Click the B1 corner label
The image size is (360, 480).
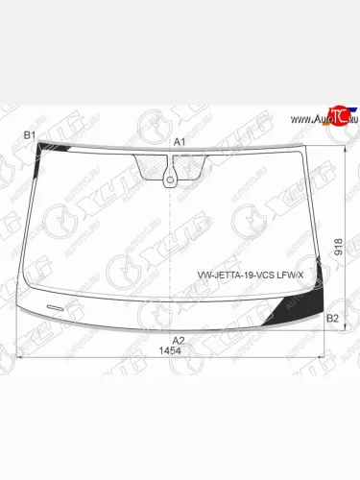point(29,135)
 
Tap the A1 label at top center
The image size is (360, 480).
point(179,141)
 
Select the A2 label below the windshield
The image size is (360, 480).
point(178,339)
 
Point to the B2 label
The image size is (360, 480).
point(332,317)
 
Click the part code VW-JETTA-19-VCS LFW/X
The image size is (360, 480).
point(251,276)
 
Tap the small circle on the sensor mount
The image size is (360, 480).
point(170,177)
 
